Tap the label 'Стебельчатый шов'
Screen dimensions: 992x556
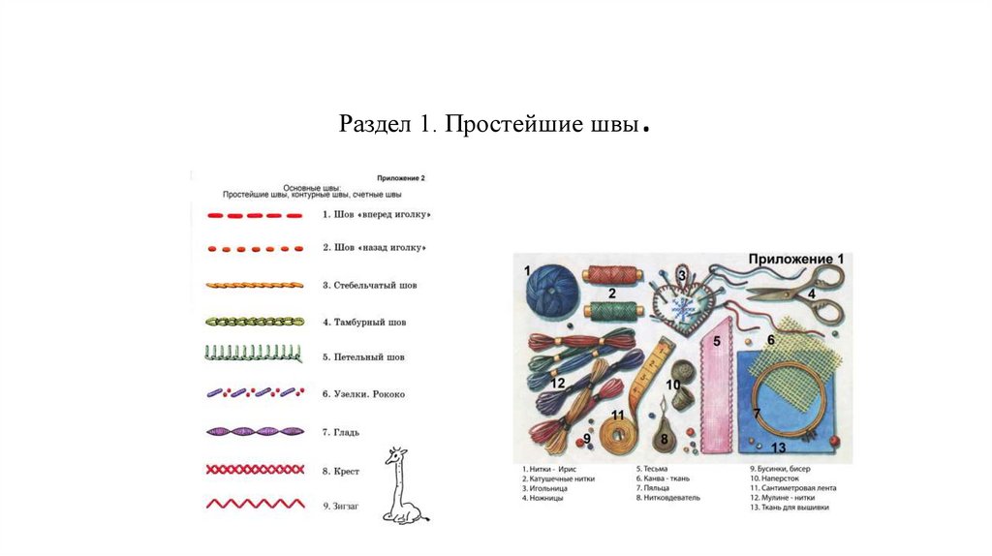(x=375, y=286)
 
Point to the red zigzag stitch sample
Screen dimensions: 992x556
(x=255, y=505)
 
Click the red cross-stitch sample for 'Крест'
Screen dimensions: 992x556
(x=255, y=470)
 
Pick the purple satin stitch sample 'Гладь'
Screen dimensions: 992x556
(x=255, y=432)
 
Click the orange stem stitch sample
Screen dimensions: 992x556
(x=255, y=286)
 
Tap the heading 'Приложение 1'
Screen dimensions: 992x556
(x=796, y=260)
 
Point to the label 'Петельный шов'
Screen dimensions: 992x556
(x=369, y=357)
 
